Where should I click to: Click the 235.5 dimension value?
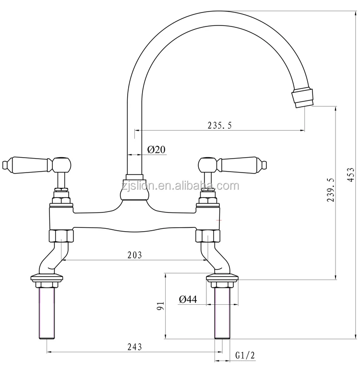219,125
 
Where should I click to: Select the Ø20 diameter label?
156,149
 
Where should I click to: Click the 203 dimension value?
134,255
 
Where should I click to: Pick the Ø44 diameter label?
188,299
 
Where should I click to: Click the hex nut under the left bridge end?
61,236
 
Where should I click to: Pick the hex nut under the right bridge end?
207,236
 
